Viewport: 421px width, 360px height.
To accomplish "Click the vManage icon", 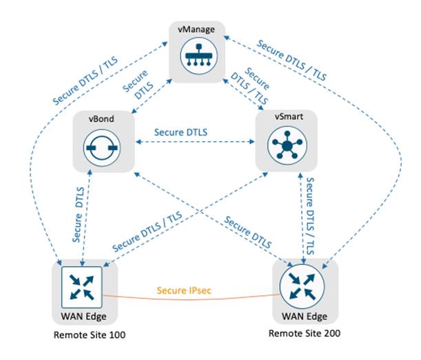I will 198,60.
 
